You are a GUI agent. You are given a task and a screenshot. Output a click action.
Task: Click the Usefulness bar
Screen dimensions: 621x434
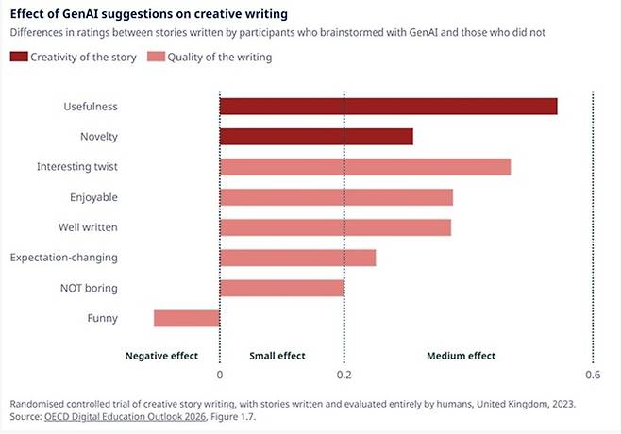388,106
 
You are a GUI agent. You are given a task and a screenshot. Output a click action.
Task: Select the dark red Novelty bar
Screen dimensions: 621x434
316,137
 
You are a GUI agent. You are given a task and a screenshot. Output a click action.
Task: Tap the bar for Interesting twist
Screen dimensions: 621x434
365,167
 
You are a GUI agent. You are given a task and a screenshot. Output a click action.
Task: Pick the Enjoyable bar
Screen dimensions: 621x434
336,197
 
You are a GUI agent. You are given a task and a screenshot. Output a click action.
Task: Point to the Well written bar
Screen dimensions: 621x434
335,227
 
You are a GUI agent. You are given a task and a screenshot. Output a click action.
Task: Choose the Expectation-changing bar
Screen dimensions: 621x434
298,258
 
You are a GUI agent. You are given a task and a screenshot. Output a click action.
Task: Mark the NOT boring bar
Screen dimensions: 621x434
282,288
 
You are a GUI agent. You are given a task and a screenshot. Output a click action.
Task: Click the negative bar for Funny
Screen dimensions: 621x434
187,318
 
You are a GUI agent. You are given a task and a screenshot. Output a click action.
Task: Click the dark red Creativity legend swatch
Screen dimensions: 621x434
19,57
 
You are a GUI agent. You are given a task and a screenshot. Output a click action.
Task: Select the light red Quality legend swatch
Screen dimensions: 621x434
156,57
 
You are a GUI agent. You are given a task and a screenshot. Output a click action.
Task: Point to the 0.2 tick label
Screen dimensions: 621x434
344,375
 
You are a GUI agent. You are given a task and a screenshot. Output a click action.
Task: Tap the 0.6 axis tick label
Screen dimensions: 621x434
593,375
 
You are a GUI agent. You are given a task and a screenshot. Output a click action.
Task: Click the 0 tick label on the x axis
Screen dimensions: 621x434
220,375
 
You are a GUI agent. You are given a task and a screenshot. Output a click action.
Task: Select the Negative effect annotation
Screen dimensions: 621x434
161,356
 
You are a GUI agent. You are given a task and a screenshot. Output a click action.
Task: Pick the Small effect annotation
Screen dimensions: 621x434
277,356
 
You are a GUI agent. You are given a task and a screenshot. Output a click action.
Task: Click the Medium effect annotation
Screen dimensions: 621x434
461,356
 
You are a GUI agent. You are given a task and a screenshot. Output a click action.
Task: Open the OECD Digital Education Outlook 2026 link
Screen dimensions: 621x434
126,417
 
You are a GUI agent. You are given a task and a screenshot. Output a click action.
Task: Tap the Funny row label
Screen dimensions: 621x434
103,318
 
